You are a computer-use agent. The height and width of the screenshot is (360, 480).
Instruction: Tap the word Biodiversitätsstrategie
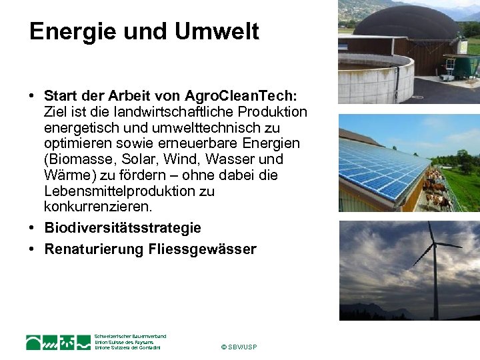123,228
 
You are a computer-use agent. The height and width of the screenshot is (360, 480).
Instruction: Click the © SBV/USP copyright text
239,347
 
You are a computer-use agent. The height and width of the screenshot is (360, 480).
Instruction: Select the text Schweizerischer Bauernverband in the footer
130,337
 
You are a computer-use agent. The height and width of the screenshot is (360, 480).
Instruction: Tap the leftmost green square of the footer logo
34,342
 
